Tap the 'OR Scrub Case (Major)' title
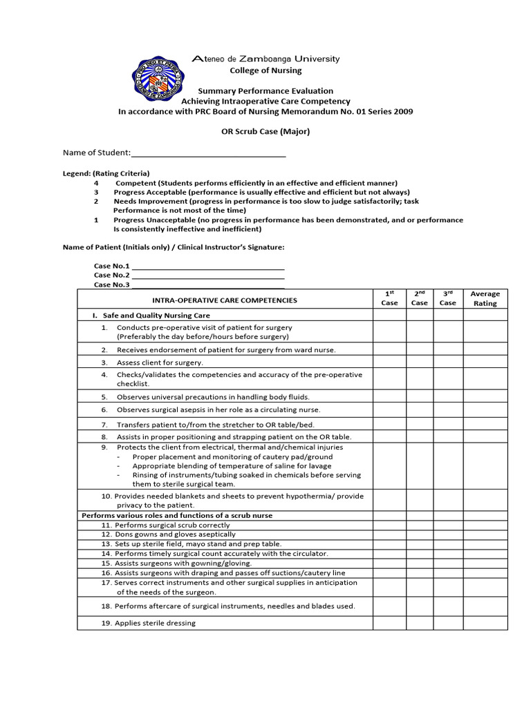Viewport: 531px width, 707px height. coord(265,131)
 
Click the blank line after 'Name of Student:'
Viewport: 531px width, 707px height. coord(208,153)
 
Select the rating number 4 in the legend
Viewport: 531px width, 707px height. coord(96,183)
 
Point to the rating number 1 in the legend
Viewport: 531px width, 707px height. coord(96,220)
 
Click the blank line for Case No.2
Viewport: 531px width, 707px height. coord(208,275)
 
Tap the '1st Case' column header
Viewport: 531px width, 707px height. coord(389,298)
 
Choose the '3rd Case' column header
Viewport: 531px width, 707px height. coord(448,298)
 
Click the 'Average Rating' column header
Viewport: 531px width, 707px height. coord(485,298)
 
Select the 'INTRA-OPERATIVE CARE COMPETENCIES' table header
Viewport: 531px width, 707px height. coord(225,300)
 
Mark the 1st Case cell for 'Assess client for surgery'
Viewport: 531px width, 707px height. coord(389,362)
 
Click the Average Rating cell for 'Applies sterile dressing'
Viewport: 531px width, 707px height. coord(485,623)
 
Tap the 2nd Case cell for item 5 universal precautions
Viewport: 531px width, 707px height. coord(419,397)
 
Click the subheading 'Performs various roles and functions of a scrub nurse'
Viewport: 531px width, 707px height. coord(177,516)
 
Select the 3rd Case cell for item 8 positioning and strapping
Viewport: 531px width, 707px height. coord(448,437)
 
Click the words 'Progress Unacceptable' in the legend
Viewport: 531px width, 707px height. coord(151,220)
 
